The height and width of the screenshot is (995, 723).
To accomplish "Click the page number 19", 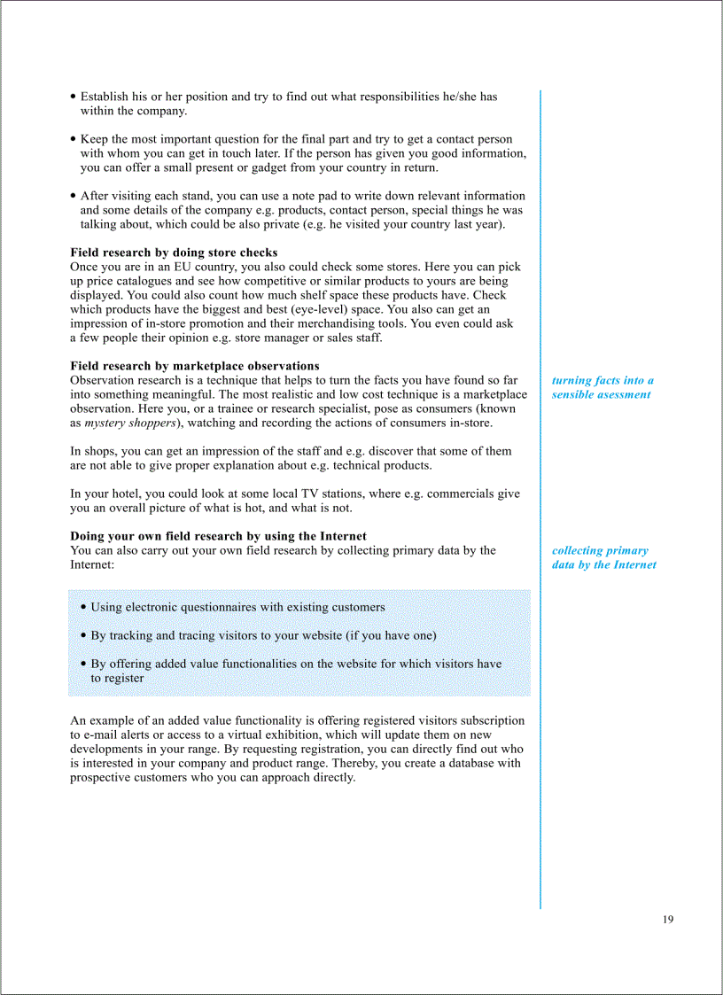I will click(x=667, y=919).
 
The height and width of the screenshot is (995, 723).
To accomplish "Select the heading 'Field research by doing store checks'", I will click(x=174, y=253).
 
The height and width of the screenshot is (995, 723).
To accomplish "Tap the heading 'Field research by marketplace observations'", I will click(x=195, y=366).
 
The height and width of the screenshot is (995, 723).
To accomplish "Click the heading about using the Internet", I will click(x=218, y=536).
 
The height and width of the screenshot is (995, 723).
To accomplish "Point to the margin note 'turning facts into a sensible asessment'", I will click(x=602, y=387).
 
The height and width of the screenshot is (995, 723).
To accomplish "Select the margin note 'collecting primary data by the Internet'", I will click(x=603, y=557).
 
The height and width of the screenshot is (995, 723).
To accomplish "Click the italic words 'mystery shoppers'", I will click(x=129, y=423).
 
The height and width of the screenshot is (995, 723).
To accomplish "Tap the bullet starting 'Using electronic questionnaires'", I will click(x=237, y=607).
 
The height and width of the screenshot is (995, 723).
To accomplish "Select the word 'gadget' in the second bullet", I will click(x=288, y=167).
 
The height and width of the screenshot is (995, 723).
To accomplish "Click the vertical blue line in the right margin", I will click(x=540, y=496).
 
